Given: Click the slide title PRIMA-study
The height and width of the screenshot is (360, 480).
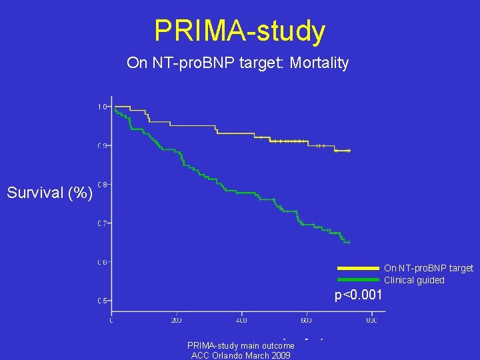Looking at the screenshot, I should coord(239,31).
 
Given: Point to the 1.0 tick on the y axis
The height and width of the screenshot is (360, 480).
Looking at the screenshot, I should coord(102,107).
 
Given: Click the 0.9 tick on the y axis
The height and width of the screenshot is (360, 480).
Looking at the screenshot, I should coord(102,145).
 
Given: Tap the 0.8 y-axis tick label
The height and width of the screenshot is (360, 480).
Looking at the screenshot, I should coord(102,184).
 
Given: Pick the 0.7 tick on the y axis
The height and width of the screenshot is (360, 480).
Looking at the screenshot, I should coord(102,223).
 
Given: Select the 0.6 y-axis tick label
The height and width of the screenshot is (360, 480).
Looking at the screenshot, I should coord(102,262).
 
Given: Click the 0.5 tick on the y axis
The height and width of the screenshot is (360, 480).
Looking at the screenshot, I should coord(102,301).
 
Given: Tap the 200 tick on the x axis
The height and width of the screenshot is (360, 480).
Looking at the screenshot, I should coord(176,321).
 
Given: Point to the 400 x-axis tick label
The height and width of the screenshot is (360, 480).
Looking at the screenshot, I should coord(241,321).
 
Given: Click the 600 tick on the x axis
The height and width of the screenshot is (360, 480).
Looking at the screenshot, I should coord(307,321).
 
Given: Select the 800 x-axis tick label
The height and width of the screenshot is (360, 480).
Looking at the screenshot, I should coord(371,321).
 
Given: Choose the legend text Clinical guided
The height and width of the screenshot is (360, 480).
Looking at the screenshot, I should coord(413,280).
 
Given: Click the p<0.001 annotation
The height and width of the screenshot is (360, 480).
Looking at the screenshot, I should coord(359,295).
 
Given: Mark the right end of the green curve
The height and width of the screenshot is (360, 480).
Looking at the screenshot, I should coord(349,241).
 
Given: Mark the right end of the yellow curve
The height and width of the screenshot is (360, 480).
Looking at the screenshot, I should coord(349,151).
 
